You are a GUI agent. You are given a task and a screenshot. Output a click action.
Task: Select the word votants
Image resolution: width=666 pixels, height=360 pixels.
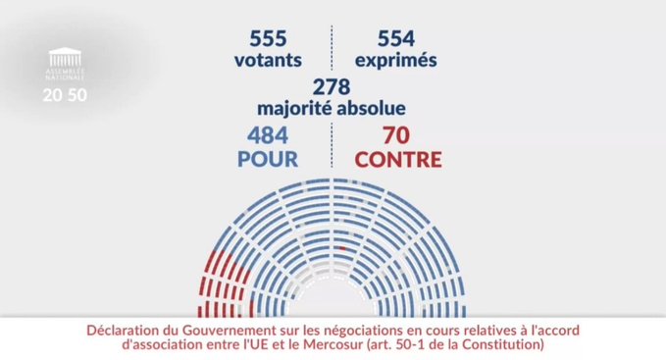267,60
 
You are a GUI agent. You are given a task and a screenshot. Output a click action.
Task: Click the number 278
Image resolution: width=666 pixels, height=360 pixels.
332,86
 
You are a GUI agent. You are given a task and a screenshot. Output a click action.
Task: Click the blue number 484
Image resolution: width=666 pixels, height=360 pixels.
269,135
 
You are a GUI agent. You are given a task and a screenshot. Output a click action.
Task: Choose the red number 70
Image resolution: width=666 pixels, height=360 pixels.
395,135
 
